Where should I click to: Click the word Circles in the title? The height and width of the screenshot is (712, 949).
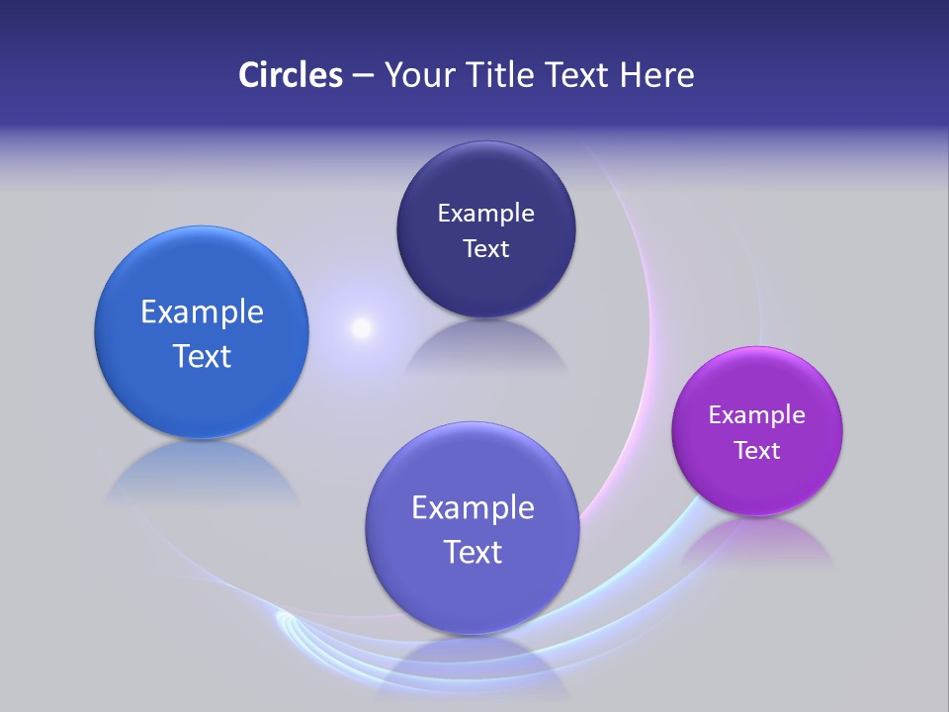click(290, 75)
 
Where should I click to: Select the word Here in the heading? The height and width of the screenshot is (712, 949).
click(656, 75)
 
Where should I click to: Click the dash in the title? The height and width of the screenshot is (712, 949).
click(362, 76)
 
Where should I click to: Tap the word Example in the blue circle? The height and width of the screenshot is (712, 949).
click(202, 312)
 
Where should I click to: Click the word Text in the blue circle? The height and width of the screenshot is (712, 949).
click(202, 356)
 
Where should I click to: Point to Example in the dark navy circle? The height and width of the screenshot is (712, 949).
click(485, 214)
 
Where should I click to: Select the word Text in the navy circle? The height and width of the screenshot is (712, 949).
click(485, 249)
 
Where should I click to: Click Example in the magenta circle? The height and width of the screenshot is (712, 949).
click(756, 415)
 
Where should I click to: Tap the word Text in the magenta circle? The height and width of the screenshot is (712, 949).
click(756, 451)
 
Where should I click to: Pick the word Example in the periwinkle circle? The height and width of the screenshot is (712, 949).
click(473, 508)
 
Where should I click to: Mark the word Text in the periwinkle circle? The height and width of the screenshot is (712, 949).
click(473, 552)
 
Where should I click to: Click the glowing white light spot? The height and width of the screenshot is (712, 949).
click(362, 327)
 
